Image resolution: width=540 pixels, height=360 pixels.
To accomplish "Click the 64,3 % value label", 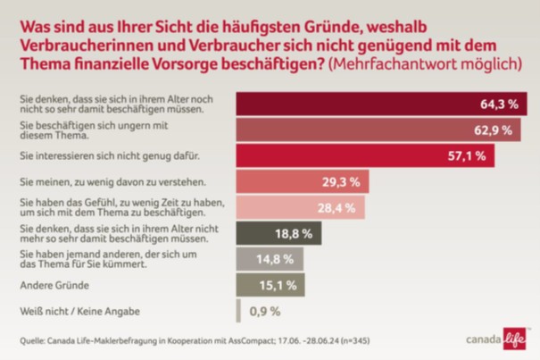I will pyautogui.click(x=499, y=105).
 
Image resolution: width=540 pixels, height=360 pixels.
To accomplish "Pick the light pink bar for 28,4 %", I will pyautogui.click(x=299, y=208).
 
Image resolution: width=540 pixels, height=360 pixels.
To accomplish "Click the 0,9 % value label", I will pyautogui.click(x=264, y=312).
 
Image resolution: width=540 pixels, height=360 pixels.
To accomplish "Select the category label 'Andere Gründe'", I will pyautogui.click(x=53, y=286).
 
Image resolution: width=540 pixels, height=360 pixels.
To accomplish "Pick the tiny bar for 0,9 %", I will pyautogui.click(x=238, y=312).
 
